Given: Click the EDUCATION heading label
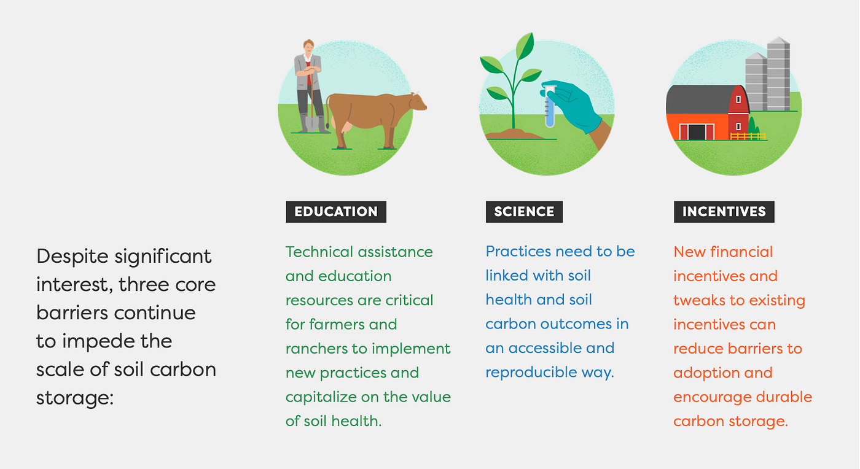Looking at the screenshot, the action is [336, 211].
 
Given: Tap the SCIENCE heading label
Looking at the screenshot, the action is [524, 211].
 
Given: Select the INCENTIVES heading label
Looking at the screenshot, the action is [724, 211].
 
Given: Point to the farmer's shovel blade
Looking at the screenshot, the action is [312, 123].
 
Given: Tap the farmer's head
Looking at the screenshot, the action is [308, 47].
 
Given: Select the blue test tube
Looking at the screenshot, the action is [550, 107].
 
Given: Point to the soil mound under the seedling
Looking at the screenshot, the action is [515, 134].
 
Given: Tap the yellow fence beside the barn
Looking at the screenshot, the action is [748, 136].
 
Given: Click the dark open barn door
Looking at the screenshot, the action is [697, 133].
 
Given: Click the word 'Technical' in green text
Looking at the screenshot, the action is [319, 252].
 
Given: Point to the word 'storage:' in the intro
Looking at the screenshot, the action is [75, 398].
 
